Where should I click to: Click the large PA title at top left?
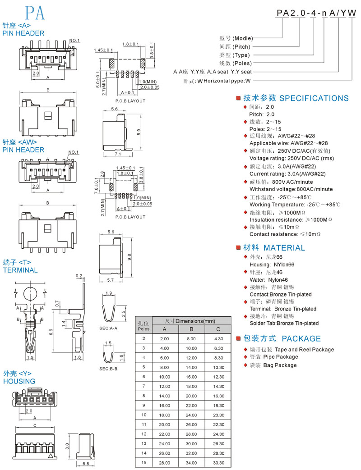[35, 13]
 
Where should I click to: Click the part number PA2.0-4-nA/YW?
[316, 13]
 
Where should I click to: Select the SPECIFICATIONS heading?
[314, 98]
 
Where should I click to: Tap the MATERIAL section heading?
[284, 248]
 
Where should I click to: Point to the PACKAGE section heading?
[301, 339]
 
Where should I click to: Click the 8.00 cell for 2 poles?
[191, 339]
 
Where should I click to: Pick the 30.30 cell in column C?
[218, 463]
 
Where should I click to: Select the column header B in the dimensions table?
[191, 329]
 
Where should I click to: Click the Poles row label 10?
[144, 415]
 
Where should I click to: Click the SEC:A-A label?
[108, 328]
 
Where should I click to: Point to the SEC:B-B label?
[108, 369]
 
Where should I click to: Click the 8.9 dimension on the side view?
[139, 132]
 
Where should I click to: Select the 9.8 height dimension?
[130, 257]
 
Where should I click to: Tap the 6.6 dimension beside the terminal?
[51, 332]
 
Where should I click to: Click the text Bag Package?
[280, 365]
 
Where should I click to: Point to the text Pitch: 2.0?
[262, 114]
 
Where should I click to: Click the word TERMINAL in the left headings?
[20, 270]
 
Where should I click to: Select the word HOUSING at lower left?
[19, 381]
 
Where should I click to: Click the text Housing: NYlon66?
[272, 265]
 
